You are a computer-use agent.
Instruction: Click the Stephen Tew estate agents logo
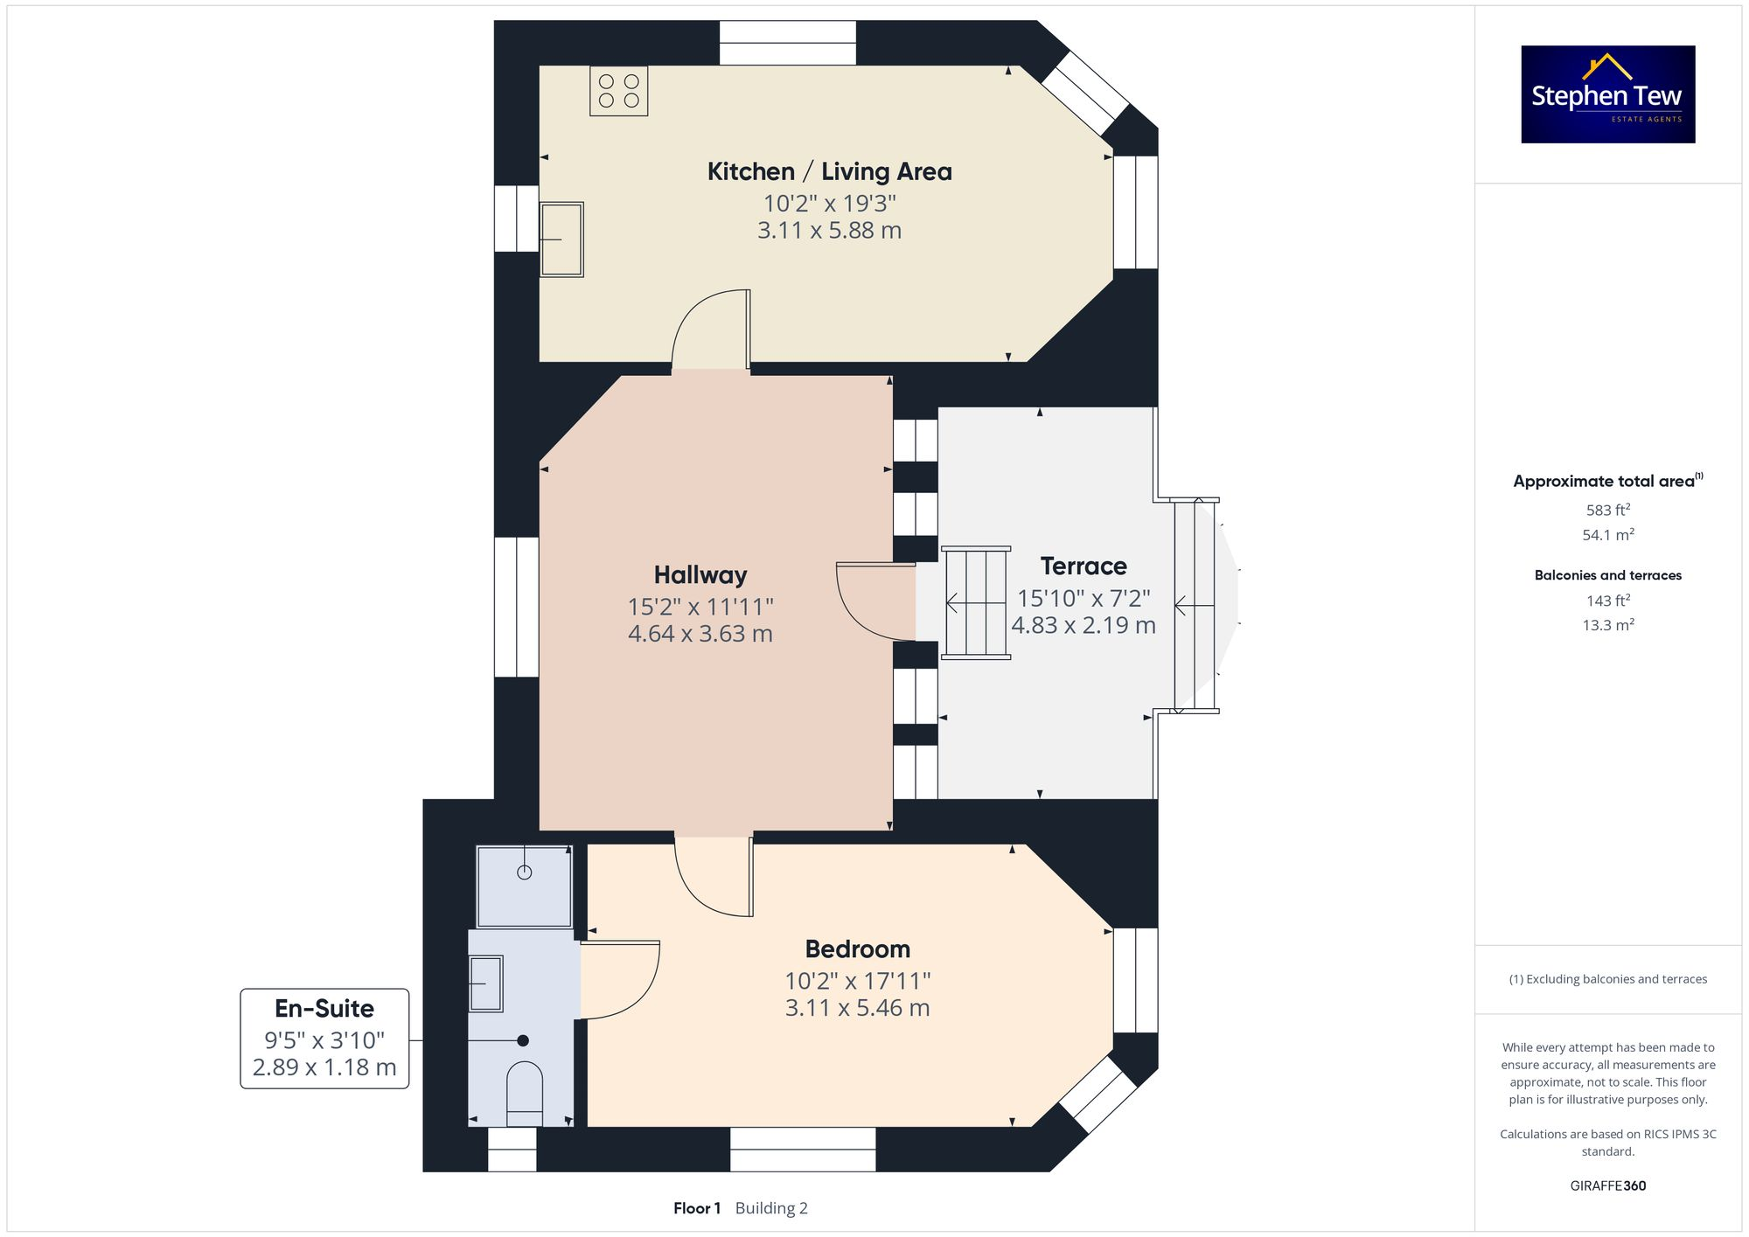tap(1607, 94)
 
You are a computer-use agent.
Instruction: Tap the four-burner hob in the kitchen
tap(618, 91)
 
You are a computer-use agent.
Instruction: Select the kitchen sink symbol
tap(561, 240)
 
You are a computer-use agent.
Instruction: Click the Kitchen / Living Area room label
tap(829, 171)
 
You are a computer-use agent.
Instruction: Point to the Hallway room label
tap(700, 574)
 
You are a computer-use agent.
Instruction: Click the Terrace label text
tap(1084, 566)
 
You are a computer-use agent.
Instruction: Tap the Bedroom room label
tap(857, 949)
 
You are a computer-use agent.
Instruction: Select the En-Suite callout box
tap(324, 1038)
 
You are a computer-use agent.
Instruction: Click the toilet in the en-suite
tap(525, 1093)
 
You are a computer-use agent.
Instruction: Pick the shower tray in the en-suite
tap(524, 886)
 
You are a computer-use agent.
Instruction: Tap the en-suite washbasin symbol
tap(486, 983)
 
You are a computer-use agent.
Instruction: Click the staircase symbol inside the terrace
tap(976, 602)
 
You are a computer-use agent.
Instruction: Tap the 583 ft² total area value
tap(1607, 510)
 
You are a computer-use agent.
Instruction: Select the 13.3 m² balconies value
tap(1607, 625)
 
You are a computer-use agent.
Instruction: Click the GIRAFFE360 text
tap(1607, 1185)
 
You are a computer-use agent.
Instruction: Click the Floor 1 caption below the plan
tap(696, 1208)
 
